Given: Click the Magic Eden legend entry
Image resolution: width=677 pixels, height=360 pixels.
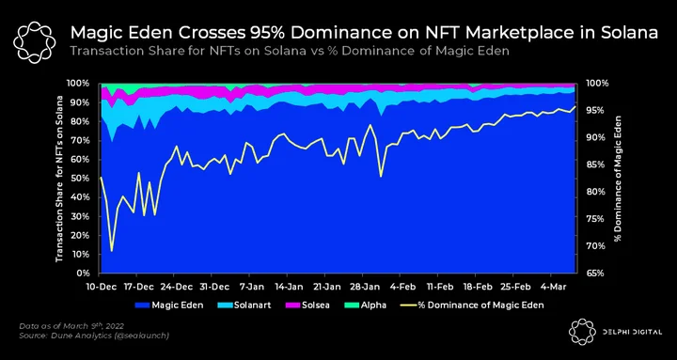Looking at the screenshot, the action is [169, 305].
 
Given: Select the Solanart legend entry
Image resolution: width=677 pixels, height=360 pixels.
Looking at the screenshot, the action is [247, 305].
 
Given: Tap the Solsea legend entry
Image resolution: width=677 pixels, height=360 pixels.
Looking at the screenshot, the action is [307, 305].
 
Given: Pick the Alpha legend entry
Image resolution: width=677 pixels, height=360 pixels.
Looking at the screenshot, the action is [365, 305].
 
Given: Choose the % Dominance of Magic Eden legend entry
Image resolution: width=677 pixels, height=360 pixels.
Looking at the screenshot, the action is [472, 305].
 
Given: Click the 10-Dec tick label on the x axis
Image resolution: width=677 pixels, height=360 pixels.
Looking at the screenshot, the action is [100, 287].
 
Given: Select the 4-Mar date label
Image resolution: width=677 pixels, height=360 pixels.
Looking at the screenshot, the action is [551, 287].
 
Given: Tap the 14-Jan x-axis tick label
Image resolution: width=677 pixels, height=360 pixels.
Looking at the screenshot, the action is [287, 287].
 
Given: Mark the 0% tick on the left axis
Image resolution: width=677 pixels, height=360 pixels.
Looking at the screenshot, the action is [83, 274].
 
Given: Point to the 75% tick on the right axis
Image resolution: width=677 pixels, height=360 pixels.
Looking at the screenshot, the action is [597, 219].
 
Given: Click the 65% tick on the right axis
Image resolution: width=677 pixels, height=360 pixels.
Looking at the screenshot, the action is [597, 274].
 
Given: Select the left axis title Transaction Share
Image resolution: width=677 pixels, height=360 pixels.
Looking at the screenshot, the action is [59, 179].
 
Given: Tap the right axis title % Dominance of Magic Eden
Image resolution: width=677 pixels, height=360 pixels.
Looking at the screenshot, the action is [619, 179].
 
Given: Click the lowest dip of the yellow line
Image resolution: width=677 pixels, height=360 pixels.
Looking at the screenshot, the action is [112, 251].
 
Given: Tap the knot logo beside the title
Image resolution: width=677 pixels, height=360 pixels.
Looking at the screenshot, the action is [34, 42].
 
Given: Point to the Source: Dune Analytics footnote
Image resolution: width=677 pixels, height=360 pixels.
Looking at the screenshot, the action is [94, 336].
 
